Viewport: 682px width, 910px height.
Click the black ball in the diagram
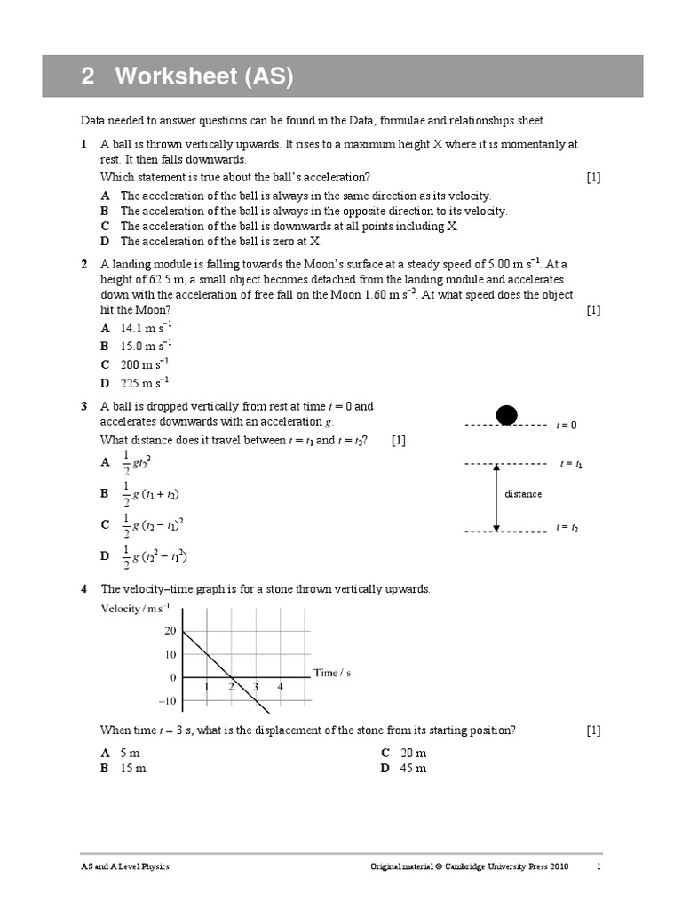tap(506, 414)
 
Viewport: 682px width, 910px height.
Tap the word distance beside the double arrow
tap(523, 494)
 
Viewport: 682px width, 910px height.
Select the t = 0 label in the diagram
tap(567, 426)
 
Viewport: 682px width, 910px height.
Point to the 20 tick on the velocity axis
tap(170, 631)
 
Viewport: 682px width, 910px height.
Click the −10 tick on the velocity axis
tap(167, 701)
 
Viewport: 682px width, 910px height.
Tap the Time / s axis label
tap(333, 673)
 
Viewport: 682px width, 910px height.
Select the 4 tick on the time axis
tap(280, 687)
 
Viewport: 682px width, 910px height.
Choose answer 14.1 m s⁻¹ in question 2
tap(145, 328)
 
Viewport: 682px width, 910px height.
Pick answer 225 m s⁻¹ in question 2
tap(145, 383)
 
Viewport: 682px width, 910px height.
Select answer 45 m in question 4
tap(414, 768)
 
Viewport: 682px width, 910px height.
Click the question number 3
tap(83, 407)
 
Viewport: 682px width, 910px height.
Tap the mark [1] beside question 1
tap(593, 177)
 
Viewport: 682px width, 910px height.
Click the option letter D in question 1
tap(105, 241)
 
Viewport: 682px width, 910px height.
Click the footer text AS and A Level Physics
tap(125, 867)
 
